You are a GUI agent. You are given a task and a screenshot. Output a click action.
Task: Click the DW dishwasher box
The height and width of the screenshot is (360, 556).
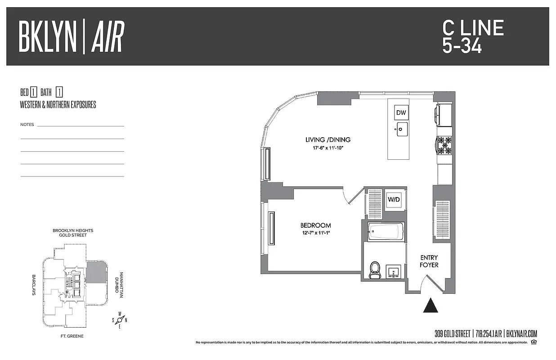[x=401, y=112]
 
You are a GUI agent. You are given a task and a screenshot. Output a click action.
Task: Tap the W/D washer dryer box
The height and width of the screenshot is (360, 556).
[x=394, y=199]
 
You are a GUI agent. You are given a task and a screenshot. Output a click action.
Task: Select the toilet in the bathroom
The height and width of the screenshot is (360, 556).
[x=374, y=270]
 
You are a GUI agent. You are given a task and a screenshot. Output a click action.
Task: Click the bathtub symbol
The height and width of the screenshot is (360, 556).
[x=386, y=232]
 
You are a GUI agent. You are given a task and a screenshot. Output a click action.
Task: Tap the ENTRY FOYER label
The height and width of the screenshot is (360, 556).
[x=429, y=261]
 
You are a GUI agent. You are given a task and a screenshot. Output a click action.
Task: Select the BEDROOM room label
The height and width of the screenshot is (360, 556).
[x=315, y=225]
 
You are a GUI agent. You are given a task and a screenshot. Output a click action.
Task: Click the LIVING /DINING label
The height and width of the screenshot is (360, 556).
[x=327, y=139]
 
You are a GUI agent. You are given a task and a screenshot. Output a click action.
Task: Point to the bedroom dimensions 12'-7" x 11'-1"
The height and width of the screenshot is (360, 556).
[x=315, y=233]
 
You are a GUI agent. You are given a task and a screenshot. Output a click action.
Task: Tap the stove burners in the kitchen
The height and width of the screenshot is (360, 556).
[x=444, y=145]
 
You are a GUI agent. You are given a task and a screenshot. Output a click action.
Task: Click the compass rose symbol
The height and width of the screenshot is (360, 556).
[x=120, y=320]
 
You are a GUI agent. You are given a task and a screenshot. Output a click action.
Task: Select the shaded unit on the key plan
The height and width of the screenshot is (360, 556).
[x=95, y=273]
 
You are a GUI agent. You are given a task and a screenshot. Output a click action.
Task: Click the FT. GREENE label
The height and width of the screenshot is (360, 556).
[x=72, y=336]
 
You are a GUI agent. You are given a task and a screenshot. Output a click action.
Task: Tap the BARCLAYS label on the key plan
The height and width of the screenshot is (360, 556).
[x=34, y=285]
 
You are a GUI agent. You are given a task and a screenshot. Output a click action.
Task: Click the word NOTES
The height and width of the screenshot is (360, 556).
[x=27, y=125]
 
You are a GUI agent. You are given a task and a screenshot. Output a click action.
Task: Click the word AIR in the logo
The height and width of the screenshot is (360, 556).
[x=108, y=36]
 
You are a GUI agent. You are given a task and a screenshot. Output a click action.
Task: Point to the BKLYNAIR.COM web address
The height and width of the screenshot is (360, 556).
[x=522, y=334]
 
